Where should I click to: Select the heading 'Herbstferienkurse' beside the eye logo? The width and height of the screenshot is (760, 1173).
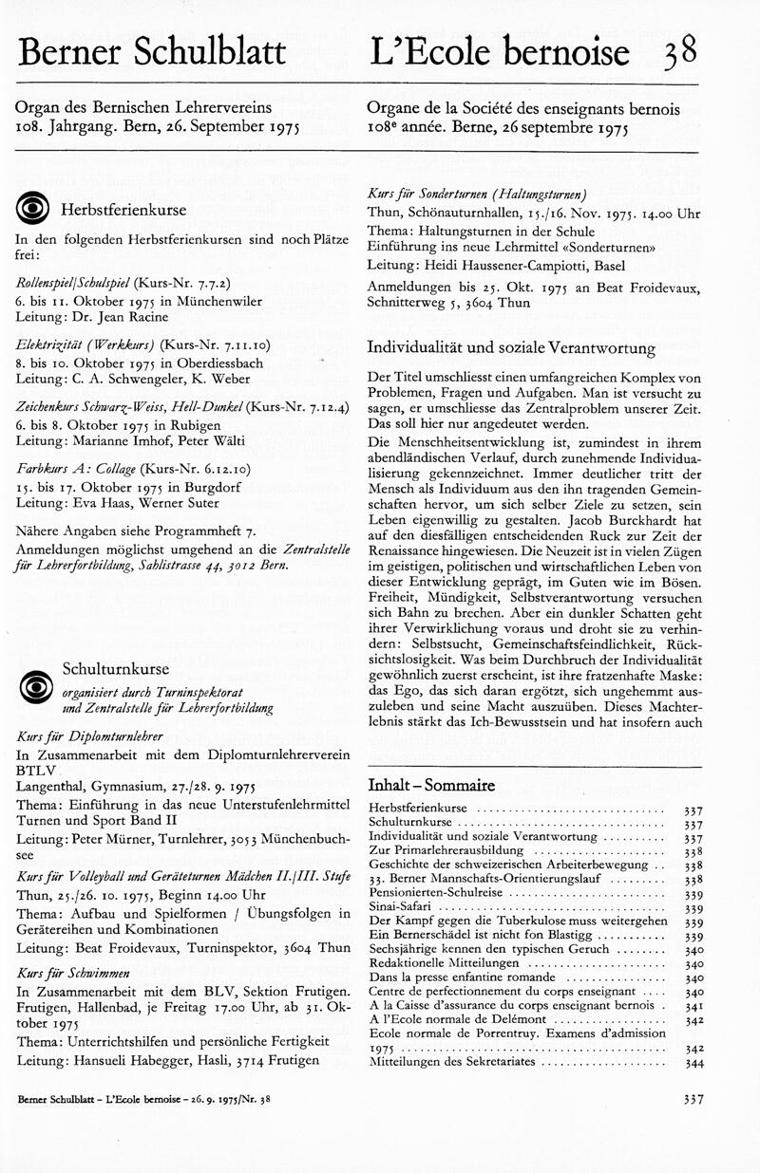click(x=123, y=209)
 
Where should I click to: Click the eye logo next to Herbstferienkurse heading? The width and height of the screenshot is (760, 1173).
click(x=34, y=209)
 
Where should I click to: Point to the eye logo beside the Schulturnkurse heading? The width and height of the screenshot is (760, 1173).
click(x=34, y=684)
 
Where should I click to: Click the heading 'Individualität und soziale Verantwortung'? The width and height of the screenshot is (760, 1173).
click(x=511, y=348)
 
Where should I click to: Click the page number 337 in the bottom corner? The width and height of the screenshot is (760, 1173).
click(x=693, y=1100)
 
